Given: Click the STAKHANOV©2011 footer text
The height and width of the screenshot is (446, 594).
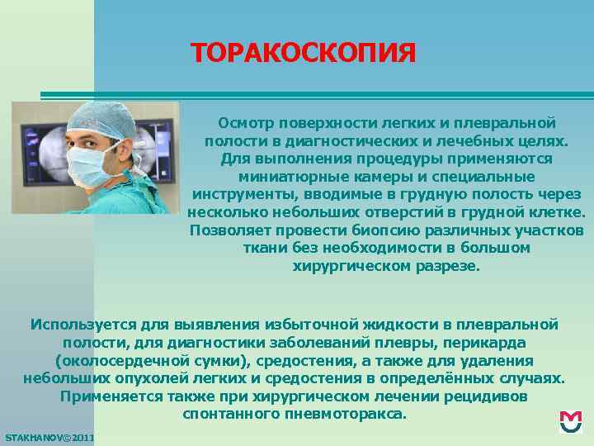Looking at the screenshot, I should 49,436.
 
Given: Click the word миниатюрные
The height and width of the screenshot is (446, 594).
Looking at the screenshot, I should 286,177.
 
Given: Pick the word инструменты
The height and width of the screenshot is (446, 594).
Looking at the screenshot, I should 239,195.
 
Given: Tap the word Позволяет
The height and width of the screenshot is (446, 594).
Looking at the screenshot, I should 228,230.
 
